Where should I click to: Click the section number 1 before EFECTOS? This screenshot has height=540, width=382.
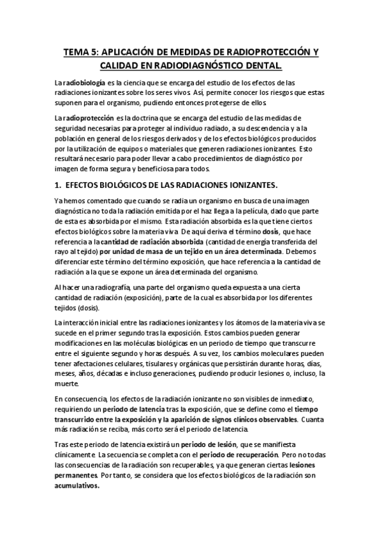(57, 185)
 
